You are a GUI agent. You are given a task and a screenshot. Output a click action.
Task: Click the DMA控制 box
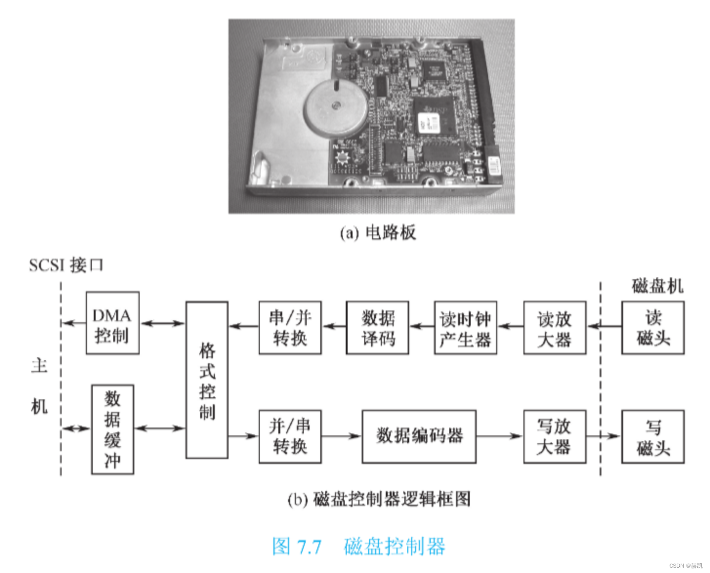pos(112,323)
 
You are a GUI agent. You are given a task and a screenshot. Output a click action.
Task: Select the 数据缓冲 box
pos(112,429)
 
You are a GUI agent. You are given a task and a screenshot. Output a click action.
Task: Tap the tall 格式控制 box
pos(207,380)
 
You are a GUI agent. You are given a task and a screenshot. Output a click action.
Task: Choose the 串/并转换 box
pos(290,327)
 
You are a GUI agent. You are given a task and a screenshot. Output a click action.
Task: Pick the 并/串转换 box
pos(290,436)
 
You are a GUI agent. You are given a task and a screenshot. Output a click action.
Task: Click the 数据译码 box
pos(377,327)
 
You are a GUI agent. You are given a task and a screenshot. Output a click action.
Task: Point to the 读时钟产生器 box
pos(465,327)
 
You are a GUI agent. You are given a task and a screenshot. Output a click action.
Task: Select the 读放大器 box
pos(554,327)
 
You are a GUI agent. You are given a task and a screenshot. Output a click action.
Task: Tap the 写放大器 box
pos(554,436)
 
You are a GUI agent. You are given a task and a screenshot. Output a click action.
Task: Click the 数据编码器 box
pos(418,436)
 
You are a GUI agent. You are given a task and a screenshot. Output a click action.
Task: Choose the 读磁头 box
pos(652,327)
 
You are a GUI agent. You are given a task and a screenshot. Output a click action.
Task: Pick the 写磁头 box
pos(652,436)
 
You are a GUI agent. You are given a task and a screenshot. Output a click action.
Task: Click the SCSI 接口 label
pos(66,265)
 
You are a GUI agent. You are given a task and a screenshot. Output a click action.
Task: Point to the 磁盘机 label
pos(657,286)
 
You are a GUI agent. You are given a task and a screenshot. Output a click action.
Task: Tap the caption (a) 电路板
pos(377,232)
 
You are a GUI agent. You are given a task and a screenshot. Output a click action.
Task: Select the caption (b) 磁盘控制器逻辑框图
pos(378,499)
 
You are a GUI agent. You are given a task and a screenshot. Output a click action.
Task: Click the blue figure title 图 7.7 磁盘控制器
pos(358,546)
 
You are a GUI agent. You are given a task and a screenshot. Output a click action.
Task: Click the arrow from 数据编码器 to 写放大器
pos(499,436)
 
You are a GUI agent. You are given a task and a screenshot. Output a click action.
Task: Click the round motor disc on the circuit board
pos(335,107)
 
